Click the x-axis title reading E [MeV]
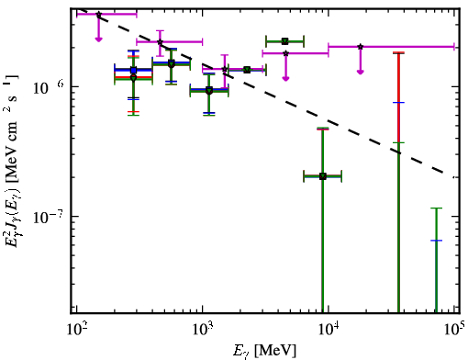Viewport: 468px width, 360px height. (x=264, y=351)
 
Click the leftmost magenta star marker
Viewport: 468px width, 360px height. (x=98, y=15)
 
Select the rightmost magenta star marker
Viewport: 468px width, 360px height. (x=361, y=47)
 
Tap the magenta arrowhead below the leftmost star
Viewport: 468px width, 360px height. (x=98, y=39)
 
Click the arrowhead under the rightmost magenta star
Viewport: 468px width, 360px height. (x=361, y=72)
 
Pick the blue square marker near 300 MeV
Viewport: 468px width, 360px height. (x=133, y=70)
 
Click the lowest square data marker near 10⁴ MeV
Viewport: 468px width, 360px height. (x=323, y=176)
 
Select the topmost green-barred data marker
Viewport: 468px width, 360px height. (x=285, y=41)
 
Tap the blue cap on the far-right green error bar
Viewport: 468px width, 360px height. (x=436, y=241)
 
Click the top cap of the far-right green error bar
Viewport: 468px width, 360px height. (x=436, y=208)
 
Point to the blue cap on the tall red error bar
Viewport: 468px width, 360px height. (x=398, y=102)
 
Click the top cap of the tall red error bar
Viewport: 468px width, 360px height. (x=398, y=53)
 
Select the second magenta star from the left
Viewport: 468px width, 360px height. (x=160, y=42)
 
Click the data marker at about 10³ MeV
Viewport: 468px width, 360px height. (x=209, y=91)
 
